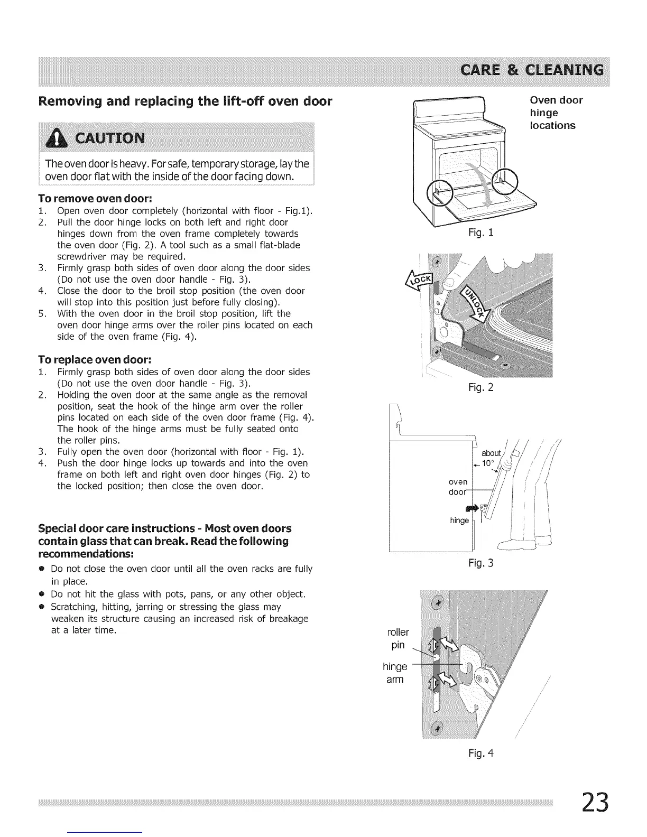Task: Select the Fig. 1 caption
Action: click(480, 232)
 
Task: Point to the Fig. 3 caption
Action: click(480, 563)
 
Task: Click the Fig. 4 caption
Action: click(480, 752)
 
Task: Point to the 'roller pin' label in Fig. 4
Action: click(398, 638)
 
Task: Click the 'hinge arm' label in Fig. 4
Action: click(395, 673)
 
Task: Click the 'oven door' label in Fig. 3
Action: click(458, 487)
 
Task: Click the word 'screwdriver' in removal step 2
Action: click(80, 257)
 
